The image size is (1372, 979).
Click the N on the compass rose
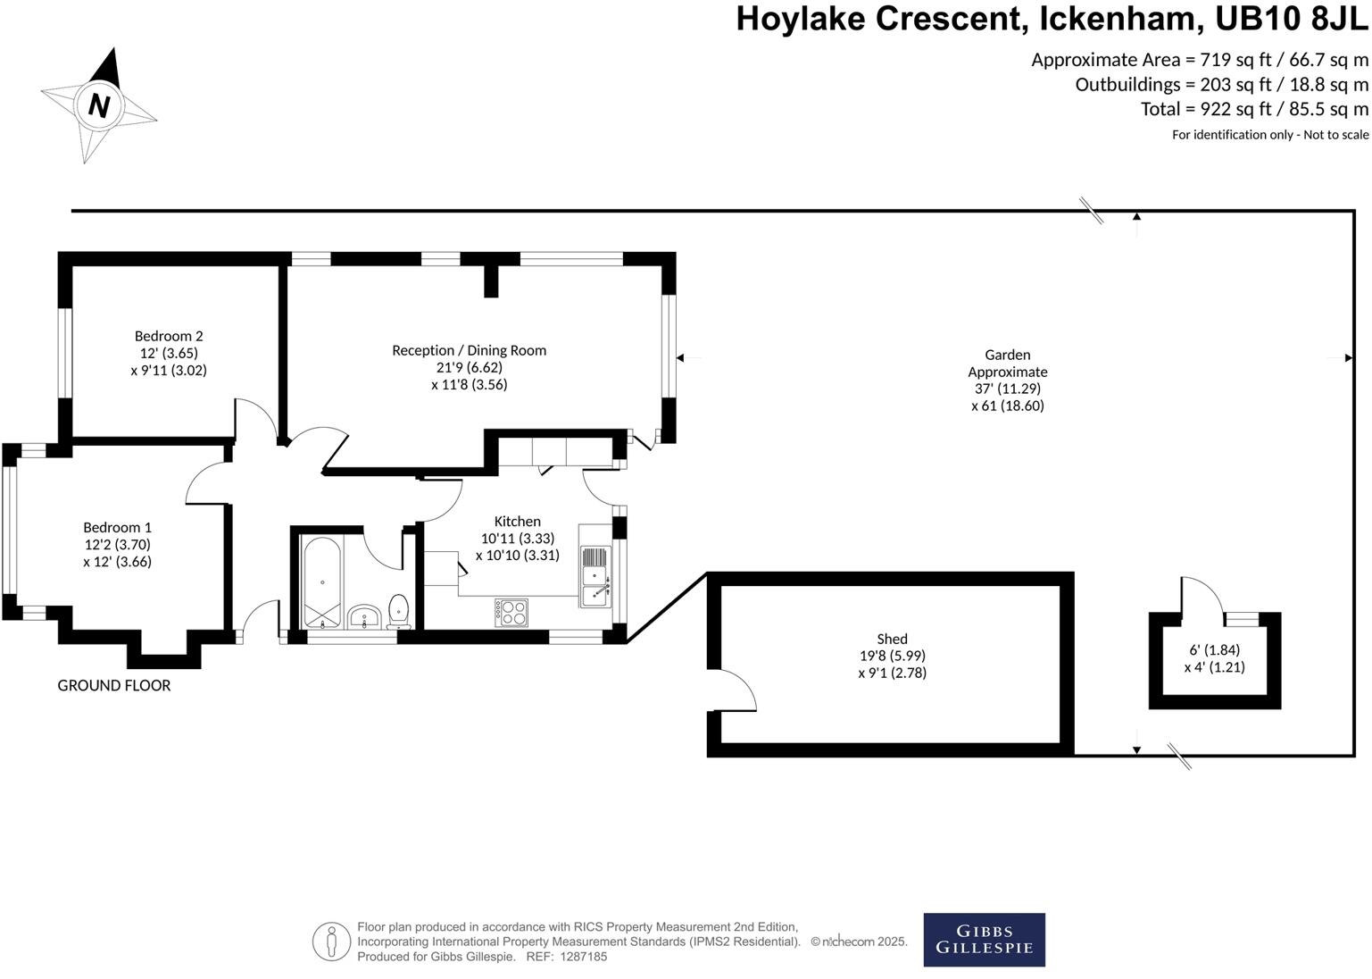98,105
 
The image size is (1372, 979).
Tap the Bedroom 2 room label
169,337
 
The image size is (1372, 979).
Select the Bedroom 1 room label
118,528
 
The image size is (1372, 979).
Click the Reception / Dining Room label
469,350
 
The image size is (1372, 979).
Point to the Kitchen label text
518,522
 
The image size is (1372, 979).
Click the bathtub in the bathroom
322,582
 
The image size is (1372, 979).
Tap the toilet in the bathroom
399,611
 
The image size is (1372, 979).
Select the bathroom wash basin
364,616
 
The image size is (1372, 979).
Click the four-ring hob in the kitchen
511,612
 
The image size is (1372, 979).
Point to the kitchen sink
595,576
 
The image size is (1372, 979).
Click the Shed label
892,639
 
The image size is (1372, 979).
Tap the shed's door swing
736,690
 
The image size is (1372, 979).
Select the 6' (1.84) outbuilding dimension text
1214,650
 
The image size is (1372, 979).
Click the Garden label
1008,356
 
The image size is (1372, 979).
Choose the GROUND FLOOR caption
114,685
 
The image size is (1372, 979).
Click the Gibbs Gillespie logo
984,940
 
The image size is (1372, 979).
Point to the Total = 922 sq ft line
1254,109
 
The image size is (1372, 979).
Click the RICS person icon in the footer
331,941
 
